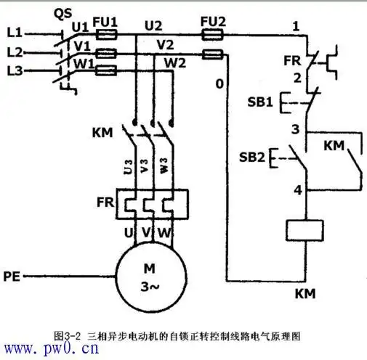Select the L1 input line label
click(x=14, y=33)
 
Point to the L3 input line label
click(x=14, y=70)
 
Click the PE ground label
click(x=12, y=276)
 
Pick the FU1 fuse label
click(x=107, y=22)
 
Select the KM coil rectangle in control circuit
click(x=305, y=230)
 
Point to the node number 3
click(x=296, y=129)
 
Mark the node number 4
click(x=296, y=191)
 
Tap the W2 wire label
click(x=174, y=62)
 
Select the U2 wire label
click(x=153, y=25)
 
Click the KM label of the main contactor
click(x=102, y=132)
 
